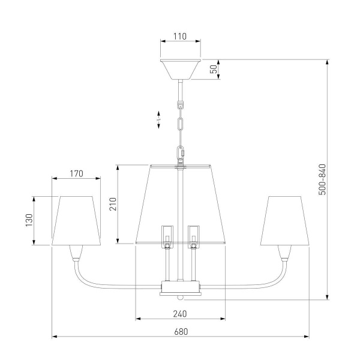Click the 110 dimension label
point(180,36)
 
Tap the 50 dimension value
point(214,69)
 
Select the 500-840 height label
point(322,179)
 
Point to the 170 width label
point(76,174)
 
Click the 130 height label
point(29,220)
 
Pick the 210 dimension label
point(113,204)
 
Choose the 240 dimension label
point(180,314)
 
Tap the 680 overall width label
point(181,332)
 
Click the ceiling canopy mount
point(181,70)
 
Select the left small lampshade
point(76,221)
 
